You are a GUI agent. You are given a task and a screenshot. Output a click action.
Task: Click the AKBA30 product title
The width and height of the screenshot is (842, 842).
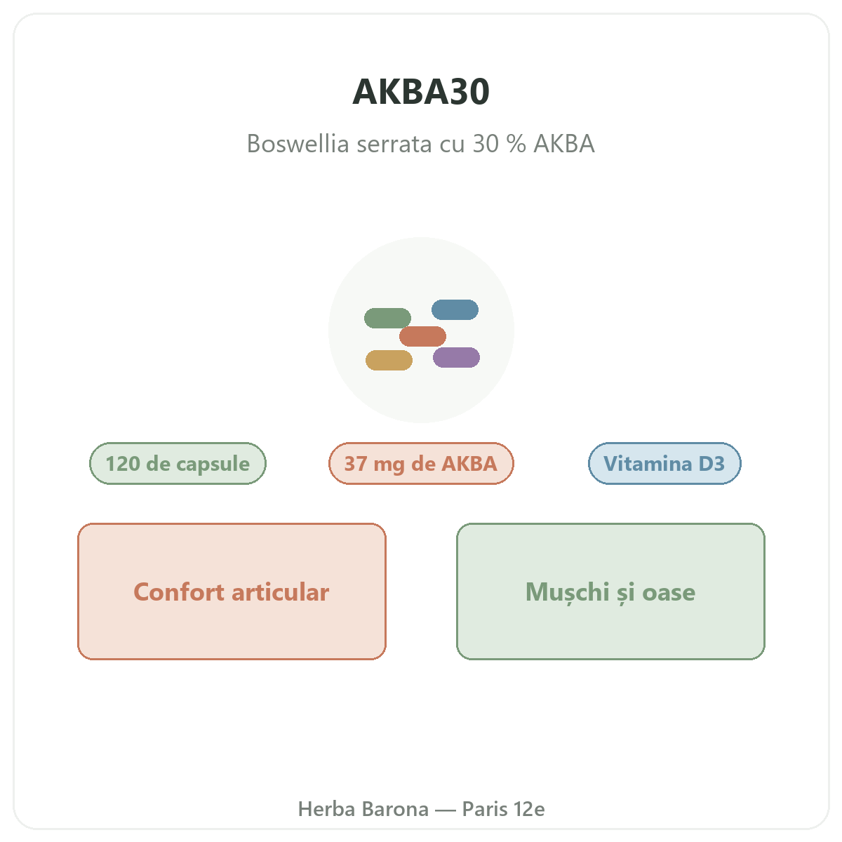pos(421,92)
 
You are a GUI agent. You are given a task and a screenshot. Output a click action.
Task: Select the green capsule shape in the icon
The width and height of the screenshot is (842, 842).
pos(387,318)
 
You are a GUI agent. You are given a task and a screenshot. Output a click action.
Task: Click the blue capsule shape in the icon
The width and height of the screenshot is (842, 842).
pos(455,309)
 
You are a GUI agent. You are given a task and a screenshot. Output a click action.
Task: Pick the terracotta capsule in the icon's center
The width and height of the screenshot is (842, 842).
pos(422,336)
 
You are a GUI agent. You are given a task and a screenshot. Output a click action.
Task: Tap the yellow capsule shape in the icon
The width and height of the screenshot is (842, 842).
pos(389,360)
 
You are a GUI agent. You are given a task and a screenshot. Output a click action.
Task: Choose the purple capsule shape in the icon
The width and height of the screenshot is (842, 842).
pos(456,357)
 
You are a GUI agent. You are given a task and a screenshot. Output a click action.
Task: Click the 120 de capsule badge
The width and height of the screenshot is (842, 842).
pos(178,463)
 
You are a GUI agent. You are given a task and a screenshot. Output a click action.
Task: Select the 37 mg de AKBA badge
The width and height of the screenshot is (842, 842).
pos(421,463)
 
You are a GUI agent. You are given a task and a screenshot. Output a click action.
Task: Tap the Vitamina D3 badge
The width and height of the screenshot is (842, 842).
pos(664,463)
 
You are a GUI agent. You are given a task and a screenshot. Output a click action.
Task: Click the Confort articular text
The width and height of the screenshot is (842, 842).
pos(231,592)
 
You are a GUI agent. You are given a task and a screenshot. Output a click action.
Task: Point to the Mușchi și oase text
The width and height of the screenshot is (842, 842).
pos(610,592)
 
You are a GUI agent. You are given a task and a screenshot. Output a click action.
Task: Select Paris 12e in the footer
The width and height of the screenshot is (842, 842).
pos(503,809)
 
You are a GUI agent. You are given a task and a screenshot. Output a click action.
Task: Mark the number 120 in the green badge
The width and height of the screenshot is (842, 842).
pos(123,464)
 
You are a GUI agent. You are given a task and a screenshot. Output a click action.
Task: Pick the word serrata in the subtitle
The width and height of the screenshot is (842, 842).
pos(394,145)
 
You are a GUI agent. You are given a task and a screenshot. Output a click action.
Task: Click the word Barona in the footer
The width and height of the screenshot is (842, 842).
pos(396,809)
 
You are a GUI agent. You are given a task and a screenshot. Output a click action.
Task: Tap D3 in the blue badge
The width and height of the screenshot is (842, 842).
pos(711,464)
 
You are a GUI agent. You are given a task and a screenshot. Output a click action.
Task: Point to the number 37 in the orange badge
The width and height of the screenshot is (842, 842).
pos(356,464)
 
